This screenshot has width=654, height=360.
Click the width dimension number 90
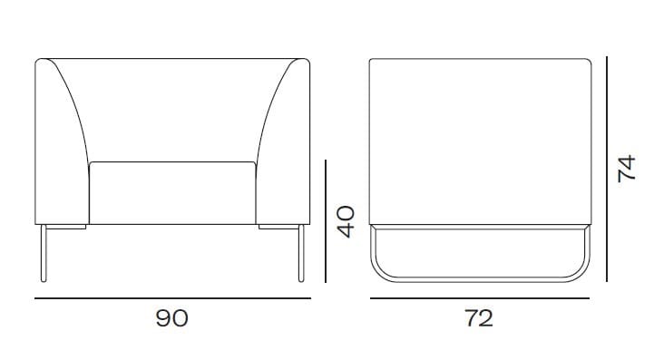pyautogui.click(x=171, y=318)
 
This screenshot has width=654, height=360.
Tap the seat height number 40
pyautogui.click(x=347, y=221)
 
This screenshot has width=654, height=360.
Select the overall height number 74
pyautogui.click(x=627, y=169)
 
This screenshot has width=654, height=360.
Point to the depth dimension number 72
pyautogui.click(x=479, y=318)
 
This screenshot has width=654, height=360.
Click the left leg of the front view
pyautogui.click(x=44, y=253)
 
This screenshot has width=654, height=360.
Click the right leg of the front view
pyautogui.click(x=301, y=253)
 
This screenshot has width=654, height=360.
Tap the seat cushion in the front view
pyautogui.click(x=172, y=193)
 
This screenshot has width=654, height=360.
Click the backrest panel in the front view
pyautogui.click(x=172, y=109)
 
